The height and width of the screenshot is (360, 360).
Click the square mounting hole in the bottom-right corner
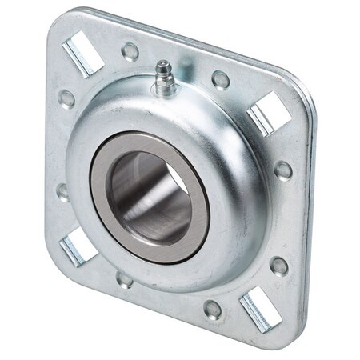[x=258, y=308]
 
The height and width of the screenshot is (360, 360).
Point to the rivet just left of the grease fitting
[x=130, y=51]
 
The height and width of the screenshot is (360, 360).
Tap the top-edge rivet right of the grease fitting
[x=221, y=79]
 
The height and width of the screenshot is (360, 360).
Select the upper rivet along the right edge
[x=283, y=170]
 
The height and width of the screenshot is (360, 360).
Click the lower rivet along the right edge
[x=278, y=266]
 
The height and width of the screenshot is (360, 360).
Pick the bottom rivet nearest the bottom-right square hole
[x=214, y=309]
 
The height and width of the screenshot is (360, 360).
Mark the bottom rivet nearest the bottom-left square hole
[x=124, y=279]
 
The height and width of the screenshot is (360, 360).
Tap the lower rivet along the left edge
[x=63, y=192]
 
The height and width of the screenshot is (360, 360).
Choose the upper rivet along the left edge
[x=66, y=98]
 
